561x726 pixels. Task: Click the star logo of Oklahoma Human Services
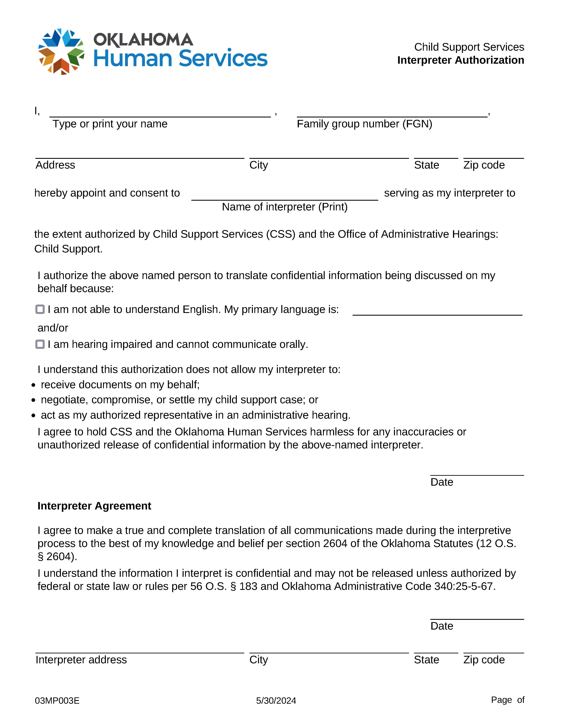61,51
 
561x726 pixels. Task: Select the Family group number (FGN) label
364,124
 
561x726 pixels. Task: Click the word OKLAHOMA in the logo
143,40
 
